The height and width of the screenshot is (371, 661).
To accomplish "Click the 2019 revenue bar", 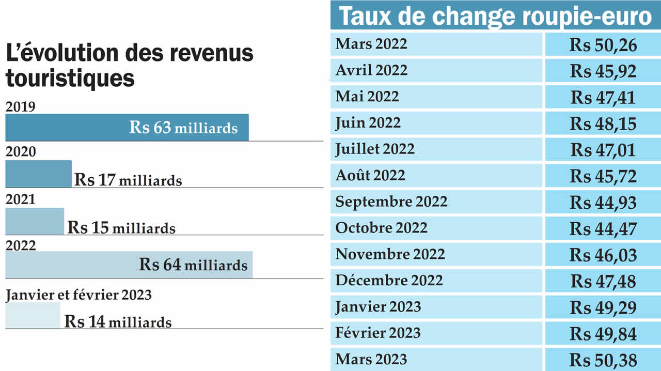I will [x=127, y=127].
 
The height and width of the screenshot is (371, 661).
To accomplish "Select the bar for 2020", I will [x=38, y=174].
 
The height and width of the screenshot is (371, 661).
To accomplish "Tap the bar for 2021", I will [x=35, y=221].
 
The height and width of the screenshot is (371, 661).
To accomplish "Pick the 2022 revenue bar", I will [x=129, y=265].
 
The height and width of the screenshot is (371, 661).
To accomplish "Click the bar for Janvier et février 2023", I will [x=33, y=315].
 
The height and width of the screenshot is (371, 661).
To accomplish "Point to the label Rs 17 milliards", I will [x=128, y=180].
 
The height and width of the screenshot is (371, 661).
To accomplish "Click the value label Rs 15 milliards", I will [x=121, y=228].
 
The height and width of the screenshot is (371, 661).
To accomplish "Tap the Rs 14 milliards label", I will [x=118, y=321].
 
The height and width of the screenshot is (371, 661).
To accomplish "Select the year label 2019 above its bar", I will [x=20, y=106].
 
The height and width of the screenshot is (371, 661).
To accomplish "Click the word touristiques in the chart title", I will [x=70, y=79].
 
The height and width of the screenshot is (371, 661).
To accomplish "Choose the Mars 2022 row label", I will [x=371, y=44].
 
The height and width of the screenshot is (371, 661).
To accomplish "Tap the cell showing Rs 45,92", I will [x=603, y=71].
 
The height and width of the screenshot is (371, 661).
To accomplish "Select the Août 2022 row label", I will [x=370, y=176].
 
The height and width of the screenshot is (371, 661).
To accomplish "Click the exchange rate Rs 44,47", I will [x=603, y=228].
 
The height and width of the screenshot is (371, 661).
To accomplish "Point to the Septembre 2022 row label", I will [x=391, y=202].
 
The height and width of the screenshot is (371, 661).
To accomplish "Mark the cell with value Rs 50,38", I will [x=603, y=360].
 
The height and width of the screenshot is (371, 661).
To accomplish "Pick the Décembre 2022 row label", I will [x=389, y=281].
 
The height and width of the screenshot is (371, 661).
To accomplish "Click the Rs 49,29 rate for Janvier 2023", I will [x=603, y=307].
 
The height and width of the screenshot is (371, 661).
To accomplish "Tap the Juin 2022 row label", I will [x=368, y=123].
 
